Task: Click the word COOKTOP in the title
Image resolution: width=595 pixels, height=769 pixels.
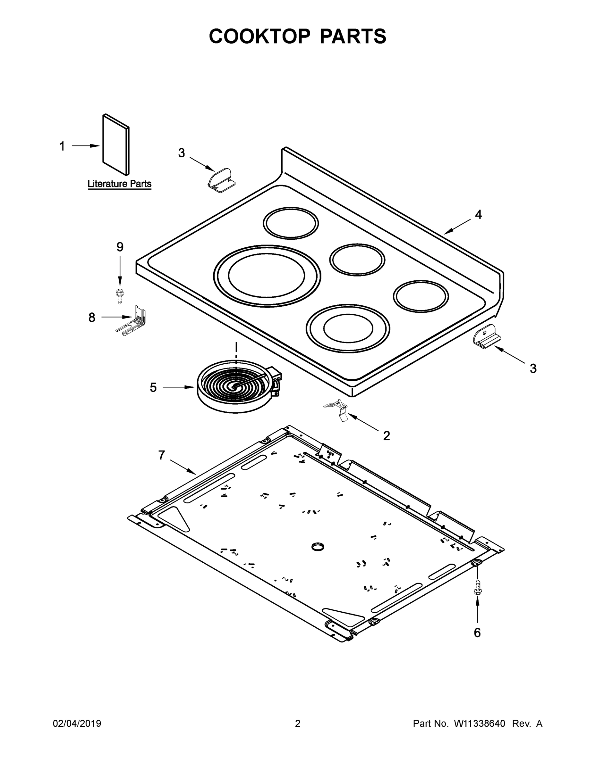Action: pyautogui.click(x=260, y=36)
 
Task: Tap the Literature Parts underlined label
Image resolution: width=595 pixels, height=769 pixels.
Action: pyautogui.click(x=120, y=184)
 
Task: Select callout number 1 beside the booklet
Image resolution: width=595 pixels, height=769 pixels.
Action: pyautogui.click(x=62, y=146)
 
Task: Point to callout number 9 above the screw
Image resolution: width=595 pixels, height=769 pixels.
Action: pyautogui.click(x=120, y=247)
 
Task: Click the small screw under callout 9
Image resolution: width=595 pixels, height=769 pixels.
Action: pyautogui.click(x=120, y=295)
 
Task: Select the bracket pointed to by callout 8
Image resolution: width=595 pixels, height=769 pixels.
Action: pyautogui.click(x=133, y=321)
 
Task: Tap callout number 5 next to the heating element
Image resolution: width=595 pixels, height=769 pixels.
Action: pyautogui.click(x=153, y=387)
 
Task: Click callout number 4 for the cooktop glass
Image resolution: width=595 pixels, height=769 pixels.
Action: pyautogui.click(x=478, y=214)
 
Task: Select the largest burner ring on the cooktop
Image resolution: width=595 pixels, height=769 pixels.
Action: pyautogui.click(x=267, y=276)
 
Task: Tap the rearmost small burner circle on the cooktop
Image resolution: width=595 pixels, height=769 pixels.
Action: pyautogui.click(x=291, y=223)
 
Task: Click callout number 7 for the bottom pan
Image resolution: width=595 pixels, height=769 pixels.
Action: pyautogui.click(x=161, y=455)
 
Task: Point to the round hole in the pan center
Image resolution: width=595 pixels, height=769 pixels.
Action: pyautogui.click(x=318, y=546)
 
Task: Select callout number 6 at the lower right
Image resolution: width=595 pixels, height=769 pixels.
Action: pyautogui.click(x=477, y=633)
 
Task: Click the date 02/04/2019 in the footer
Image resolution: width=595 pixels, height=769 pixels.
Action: pyautogui.click(x=77, y=724)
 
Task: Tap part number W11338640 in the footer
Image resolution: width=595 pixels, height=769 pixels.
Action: pyautogui.click(x=480, y=724)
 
